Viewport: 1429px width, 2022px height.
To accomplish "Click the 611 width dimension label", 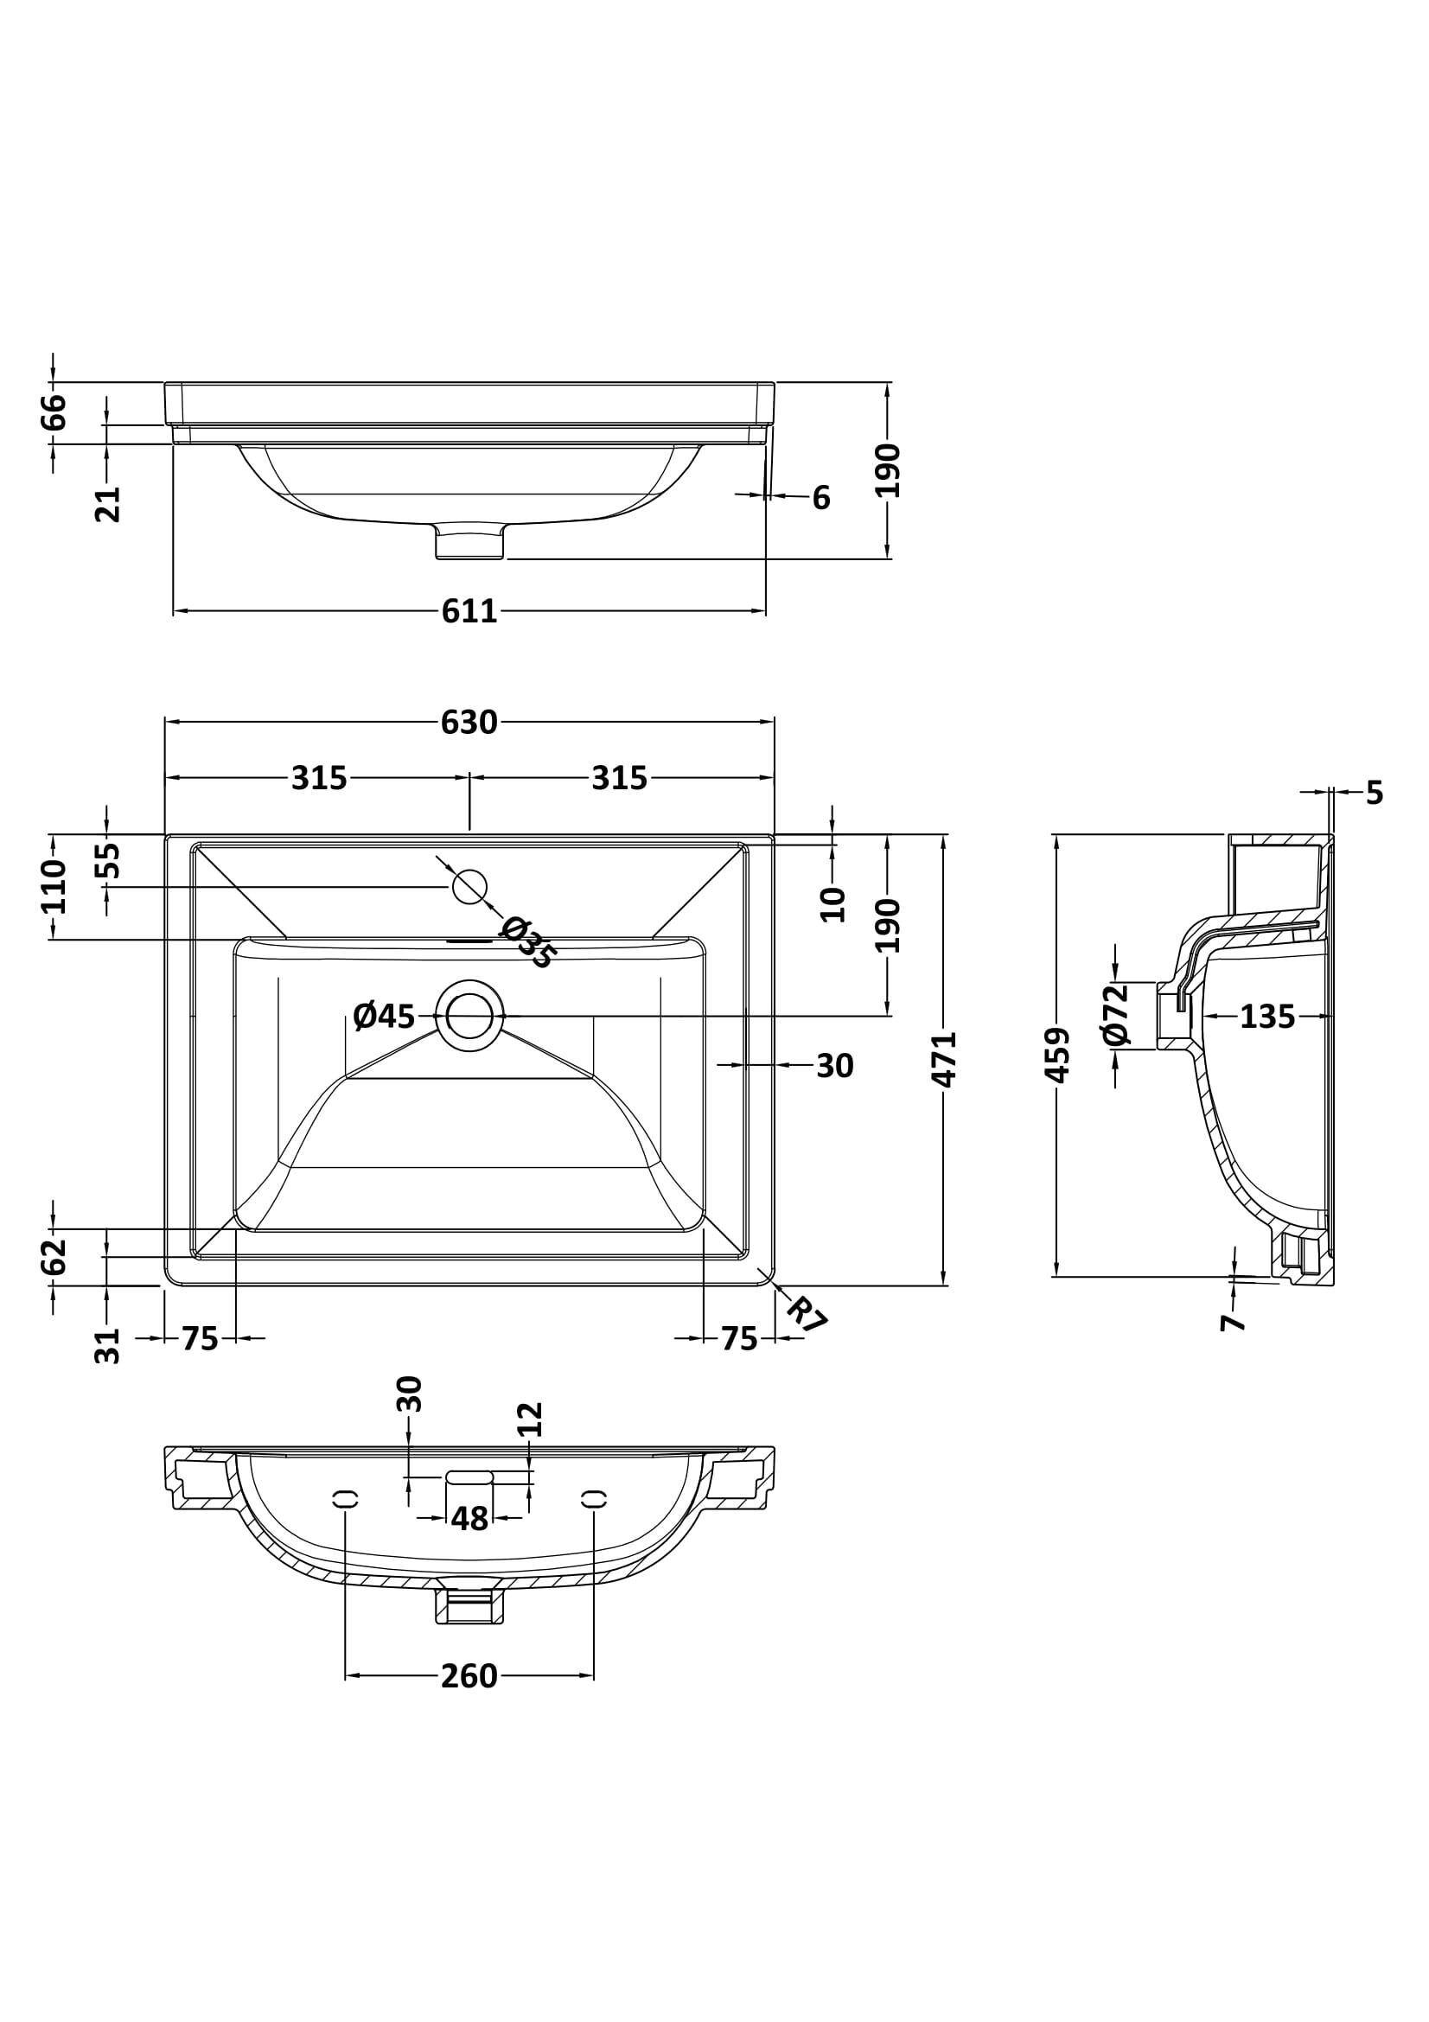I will (x=469, y=611).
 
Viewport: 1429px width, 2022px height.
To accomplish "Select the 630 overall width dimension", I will (x=469, y=722).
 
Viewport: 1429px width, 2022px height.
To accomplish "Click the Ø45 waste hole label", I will (x=384, y=1017).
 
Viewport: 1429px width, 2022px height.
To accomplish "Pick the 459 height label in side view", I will (x=1056, y=1054).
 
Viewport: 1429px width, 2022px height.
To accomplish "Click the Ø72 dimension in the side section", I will (x=1114, y=1015).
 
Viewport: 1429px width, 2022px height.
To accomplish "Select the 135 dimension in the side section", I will (x=1267, y=1017).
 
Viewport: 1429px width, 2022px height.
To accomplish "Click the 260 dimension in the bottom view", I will (x=469, y=1677).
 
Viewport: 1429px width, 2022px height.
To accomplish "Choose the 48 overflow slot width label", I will (x=469, y=1518).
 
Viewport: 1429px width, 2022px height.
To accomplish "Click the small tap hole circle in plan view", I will (x=469, y=886).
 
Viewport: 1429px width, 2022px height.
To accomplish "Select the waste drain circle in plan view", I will (x=469, y=1016).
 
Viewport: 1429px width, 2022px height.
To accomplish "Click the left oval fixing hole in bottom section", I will (x=345, y=1498).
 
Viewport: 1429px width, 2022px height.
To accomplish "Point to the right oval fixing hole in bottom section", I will (x=594, y=1498).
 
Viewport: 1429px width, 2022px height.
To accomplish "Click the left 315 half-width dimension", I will (x=320, y=779).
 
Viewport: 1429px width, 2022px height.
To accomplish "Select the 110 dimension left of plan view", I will (x=54, y=886).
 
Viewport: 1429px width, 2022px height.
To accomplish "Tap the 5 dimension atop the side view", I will (x=1375, y=794).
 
